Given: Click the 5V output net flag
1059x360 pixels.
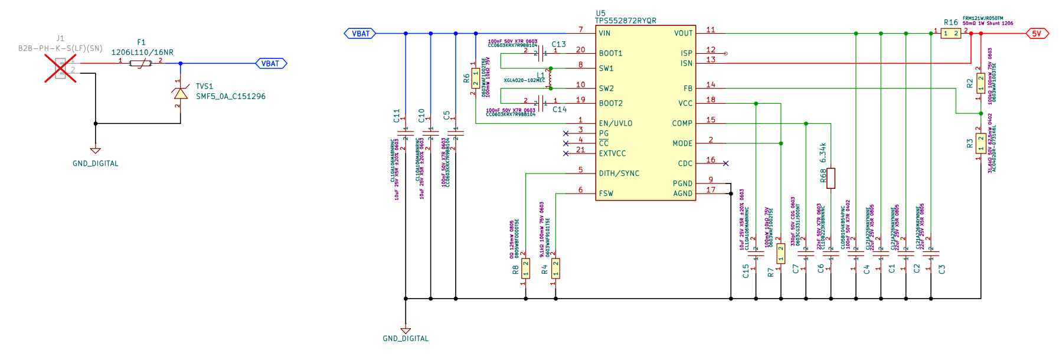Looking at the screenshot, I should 1037,34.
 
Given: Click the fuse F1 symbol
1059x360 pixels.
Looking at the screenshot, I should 140,63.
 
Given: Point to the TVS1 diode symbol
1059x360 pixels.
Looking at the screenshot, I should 181,93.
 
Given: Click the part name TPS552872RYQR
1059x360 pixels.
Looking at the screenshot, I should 625,21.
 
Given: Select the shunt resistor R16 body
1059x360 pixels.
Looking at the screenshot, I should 950,34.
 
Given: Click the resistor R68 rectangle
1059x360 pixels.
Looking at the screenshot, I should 831,178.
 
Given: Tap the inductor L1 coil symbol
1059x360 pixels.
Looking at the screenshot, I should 550,78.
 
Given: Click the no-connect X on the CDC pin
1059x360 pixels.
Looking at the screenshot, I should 725,163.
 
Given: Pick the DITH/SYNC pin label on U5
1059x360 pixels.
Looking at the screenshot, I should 619,174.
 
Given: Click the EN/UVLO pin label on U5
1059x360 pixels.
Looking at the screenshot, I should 615,123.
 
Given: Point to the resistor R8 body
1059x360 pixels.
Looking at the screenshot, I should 525,269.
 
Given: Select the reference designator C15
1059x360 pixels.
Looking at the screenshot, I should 746,271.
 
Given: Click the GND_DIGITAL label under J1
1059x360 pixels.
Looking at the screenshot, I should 96,163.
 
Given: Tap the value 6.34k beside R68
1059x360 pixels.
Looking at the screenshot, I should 823,153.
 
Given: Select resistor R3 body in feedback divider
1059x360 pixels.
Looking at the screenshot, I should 980,143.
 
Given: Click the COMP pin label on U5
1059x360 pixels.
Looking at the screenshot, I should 682,123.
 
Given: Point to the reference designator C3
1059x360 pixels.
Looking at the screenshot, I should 942,269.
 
